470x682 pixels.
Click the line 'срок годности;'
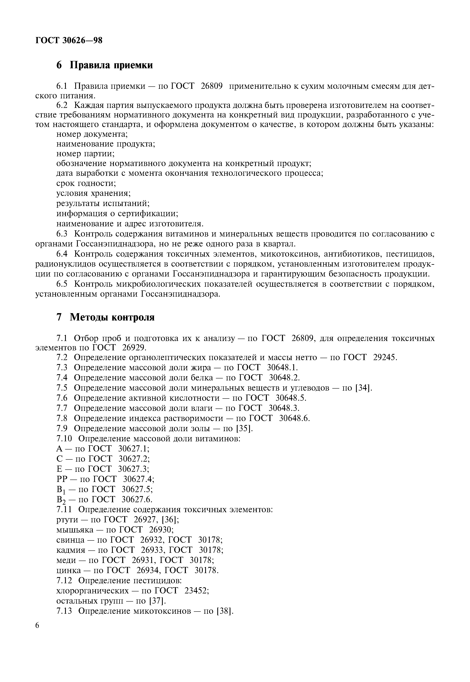coord(86,183)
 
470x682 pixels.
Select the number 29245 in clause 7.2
coord(385,357)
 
